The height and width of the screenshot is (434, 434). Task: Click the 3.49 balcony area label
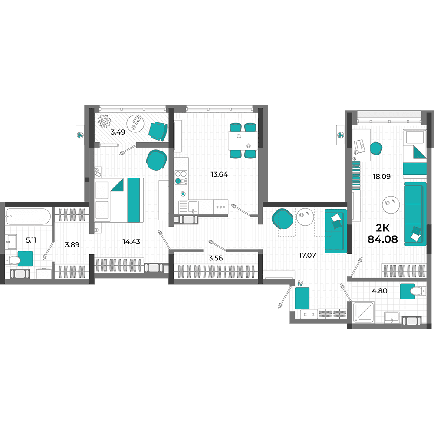[x=118, y=132]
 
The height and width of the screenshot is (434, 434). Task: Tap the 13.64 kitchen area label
[x=219, y=174]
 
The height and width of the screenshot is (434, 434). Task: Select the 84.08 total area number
[x=382, y=239]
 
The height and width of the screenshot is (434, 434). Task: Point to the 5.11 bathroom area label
[x=31, y=240]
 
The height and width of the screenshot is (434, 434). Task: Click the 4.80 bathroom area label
[x=379, y=291]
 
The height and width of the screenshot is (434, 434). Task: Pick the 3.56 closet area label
[x=216, y=258]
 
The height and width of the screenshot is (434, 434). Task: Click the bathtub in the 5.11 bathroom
[x=28, y=217]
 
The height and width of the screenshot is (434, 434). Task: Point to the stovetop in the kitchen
[x=181, y=178]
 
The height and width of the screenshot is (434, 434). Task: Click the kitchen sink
[x=188, y=207]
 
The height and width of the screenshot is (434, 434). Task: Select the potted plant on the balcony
[x=104, y=121]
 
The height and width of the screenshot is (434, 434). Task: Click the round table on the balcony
[x=135, y=123]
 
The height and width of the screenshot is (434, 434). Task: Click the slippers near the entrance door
[x=300, y=283]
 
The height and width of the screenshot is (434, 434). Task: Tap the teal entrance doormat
[x=302, y=298]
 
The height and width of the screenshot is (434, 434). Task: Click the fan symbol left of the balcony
[x=80, y=135]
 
